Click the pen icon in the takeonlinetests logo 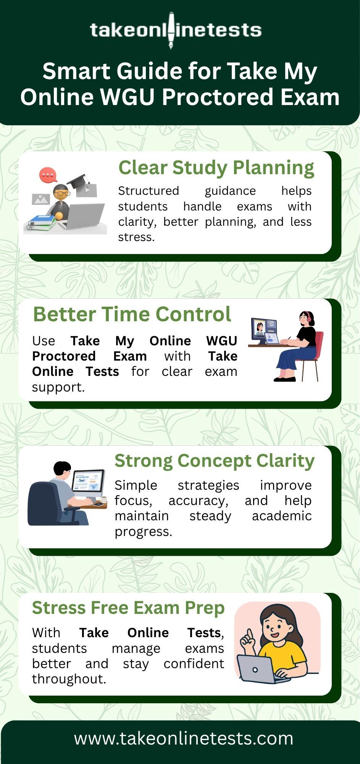(x=171, y=30)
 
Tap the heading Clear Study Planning (x=216, y=168)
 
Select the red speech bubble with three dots (x=48, y=175)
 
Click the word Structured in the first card (x=149, y=191)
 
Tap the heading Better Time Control (x=132, y=314)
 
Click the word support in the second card (x=58, y=387)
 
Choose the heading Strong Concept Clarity (x=215, y=461)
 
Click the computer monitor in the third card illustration (x=88, y=482)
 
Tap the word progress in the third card (x=144, y=532)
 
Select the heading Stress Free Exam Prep (x=128, y=608)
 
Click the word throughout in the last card (x=69, y=679)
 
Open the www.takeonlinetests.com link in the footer (x=184, y=738)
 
